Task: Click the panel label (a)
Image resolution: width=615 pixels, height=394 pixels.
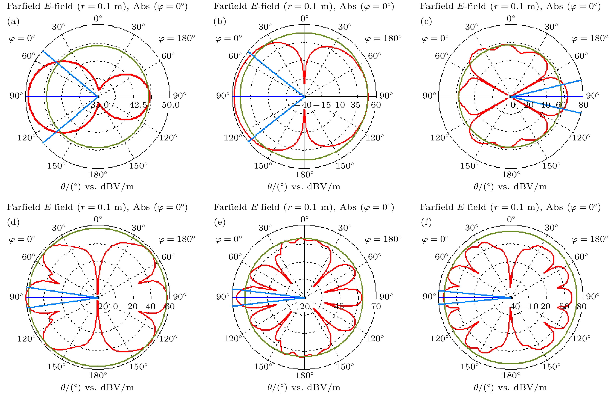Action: (x=13, y=21)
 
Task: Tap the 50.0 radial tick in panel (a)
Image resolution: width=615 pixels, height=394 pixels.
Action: (x=171, y=105)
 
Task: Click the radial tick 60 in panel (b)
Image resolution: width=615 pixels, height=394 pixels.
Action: (x=376, y=105)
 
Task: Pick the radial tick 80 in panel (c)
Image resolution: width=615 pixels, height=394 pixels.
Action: (x=583, y=105)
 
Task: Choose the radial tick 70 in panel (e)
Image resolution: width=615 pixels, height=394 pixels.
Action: (x=376, y=306)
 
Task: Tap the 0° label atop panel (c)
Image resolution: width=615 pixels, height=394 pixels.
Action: (x=511, y=18)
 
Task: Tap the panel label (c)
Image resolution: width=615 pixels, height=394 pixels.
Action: (x=426, y=21)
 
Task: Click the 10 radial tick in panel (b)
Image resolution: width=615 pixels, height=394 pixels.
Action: (x=340, y=105)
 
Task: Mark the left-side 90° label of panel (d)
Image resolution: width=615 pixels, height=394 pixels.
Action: (x=16, y=297)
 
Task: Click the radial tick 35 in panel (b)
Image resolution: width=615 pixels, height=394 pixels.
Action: (x=355, y=105)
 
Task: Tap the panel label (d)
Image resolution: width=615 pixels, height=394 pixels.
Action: (x=13, y=222)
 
